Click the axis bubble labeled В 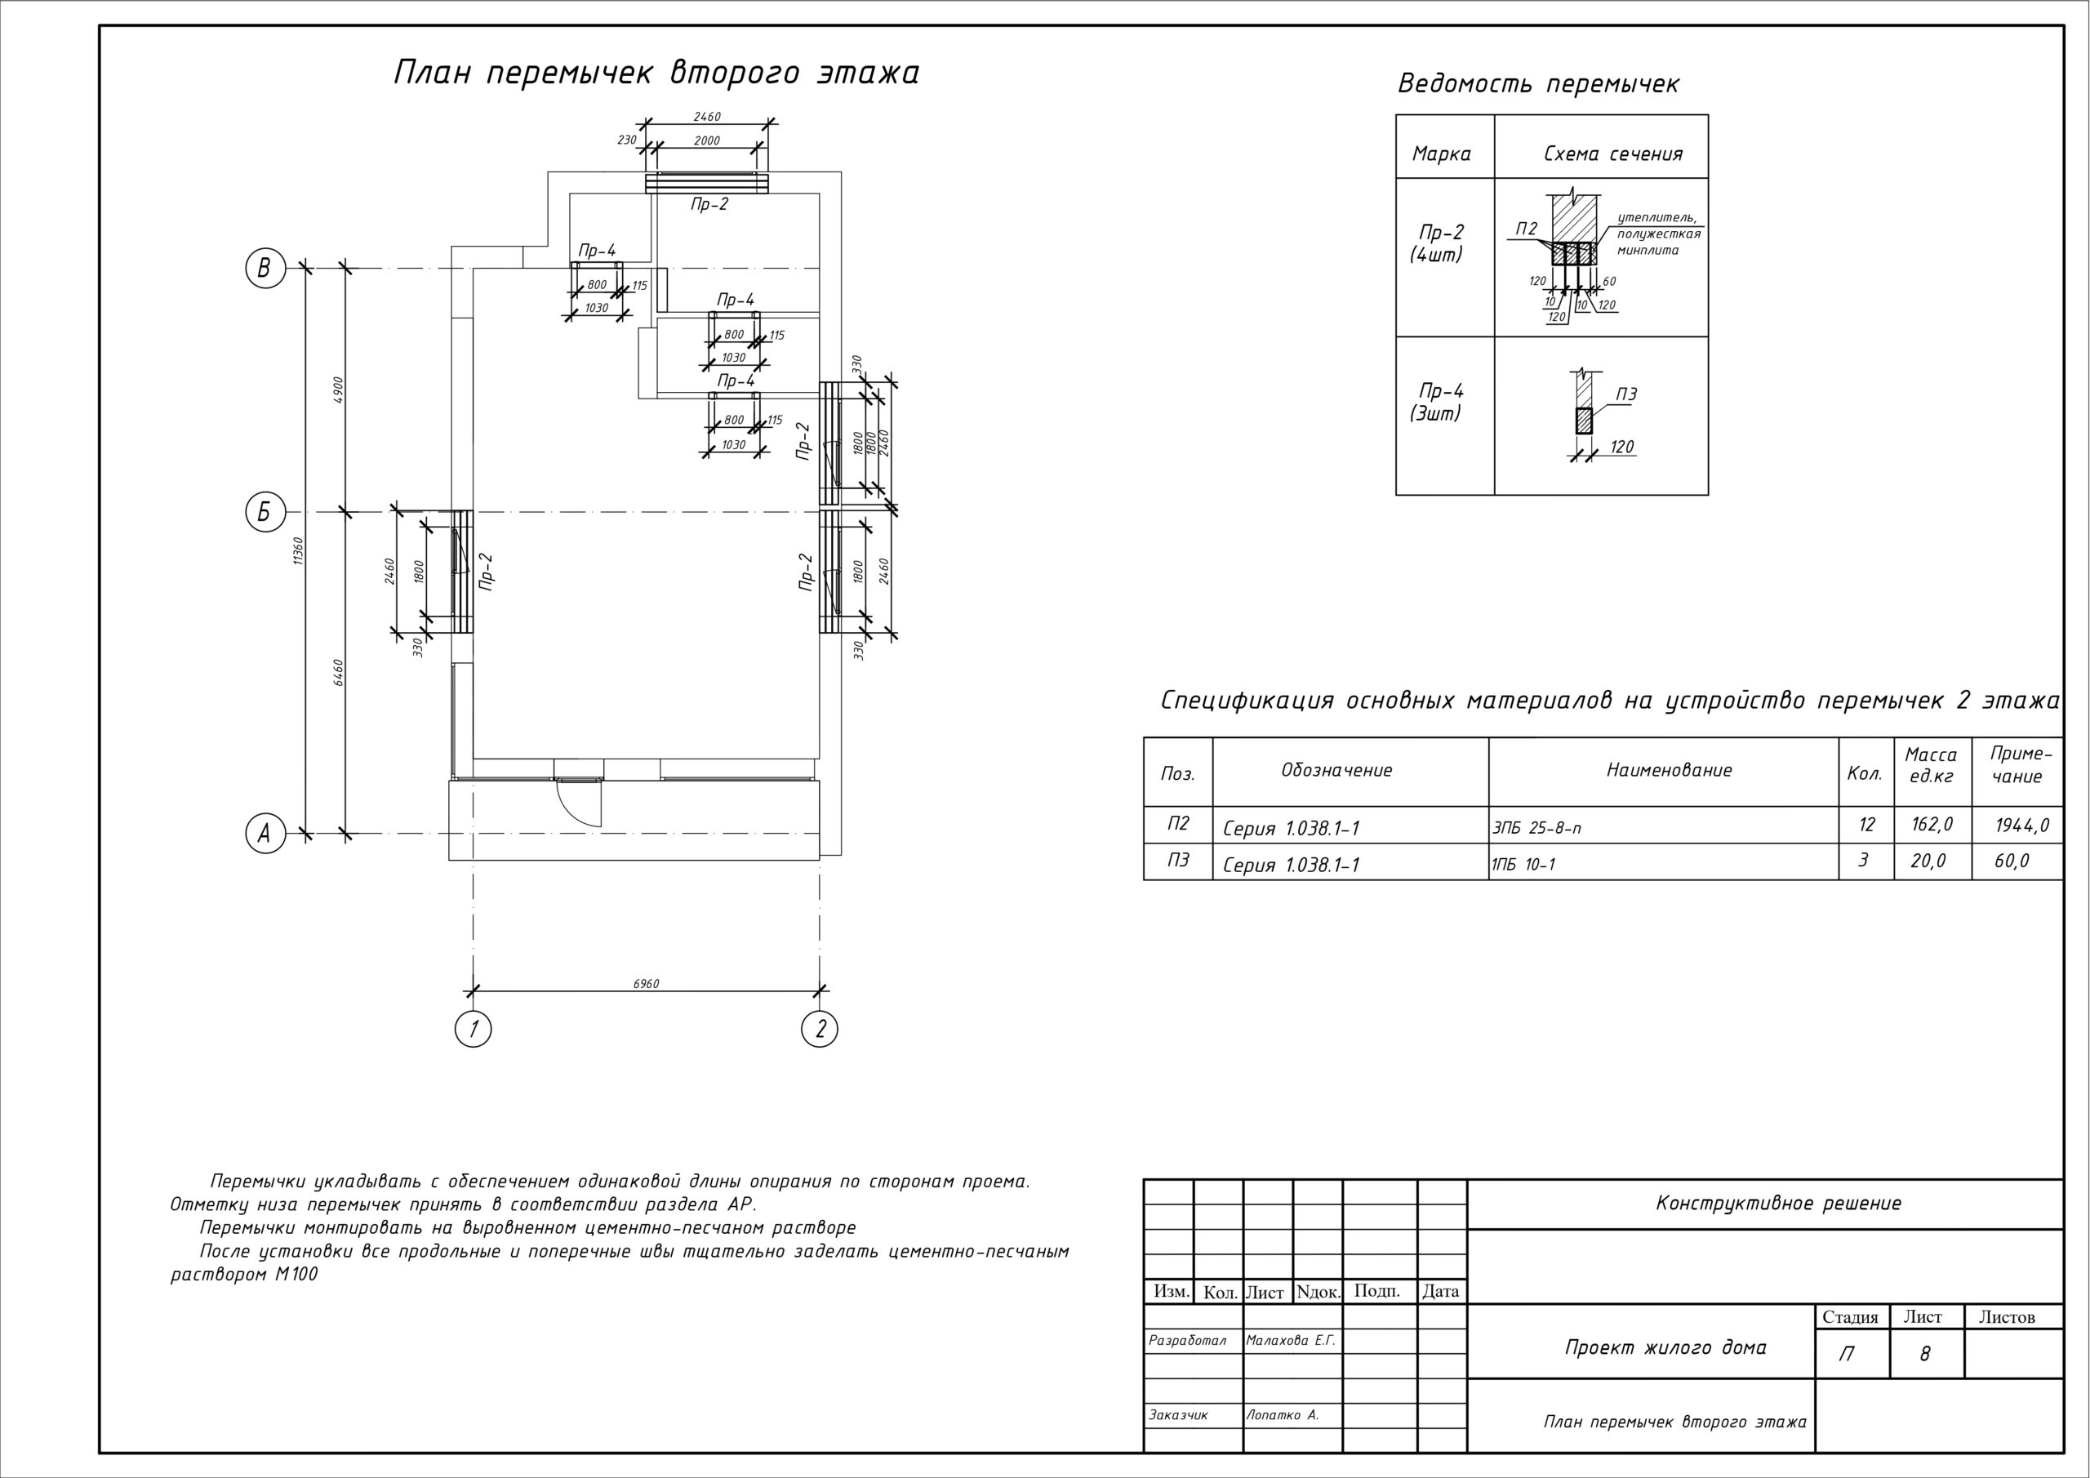tap(265, 269)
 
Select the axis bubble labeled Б tap(265, 512)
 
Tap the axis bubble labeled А tap(265, 833)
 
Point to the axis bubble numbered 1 tap(473, 1029)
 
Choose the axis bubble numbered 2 tap(820, 1029)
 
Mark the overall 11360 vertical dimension tap(299, 550)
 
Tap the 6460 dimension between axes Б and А tap(339, 672)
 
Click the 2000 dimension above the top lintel tap(706, 141)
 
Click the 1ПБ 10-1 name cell tap(1523, 864)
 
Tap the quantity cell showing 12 tap(1866, 825)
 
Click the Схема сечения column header tap(1612, 154)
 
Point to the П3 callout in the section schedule tap(1625, 394)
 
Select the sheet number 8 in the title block tap(1924, 1355)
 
